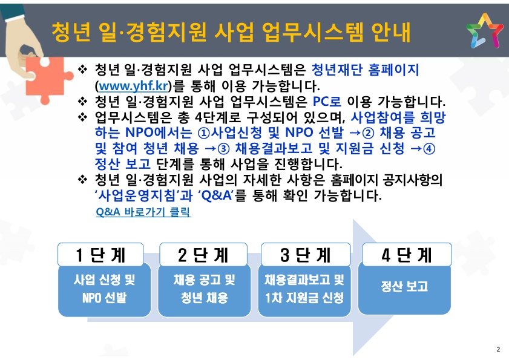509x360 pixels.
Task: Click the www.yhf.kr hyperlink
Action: point(133,86)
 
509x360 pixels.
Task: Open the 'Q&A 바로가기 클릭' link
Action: point(143,212)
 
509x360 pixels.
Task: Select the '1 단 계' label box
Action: point(100,255)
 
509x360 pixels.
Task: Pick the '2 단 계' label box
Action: point(203,255)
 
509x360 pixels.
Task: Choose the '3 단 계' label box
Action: point(306,255)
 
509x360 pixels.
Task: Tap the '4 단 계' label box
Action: point(407,255)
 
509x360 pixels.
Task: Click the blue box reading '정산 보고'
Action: point(404,288)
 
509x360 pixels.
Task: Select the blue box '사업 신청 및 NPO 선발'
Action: point(105,290)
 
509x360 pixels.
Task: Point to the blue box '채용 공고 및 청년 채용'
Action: point(205,290)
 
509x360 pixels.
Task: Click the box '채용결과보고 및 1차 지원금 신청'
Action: point(304,290)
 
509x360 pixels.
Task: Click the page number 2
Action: point(498,349)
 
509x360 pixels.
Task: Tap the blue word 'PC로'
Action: point(327,102)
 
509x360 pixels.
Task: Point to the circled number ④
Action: point(429,149)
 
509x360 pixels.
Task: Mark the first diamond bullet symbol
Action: point(82,70)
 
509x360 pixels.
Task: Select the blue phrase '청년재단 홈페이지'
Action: point(365,70)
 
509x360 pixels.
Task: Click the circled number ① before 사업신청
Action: point(203,133)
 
